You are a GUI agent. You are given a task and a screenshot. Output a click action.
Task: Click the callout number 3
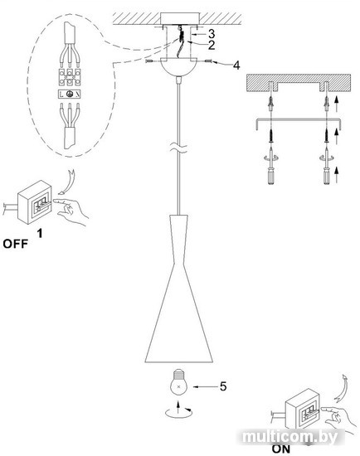click(x=212, y=34)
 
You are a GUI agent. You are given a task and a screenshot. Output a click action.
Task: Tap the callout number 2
click(x=212, y=45)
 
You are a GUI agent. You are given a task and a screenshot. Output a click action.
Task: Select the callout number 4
click(x=236, y=65)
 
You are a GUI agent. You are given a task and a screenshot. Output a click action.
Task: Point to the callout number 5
click(x=223, y=386)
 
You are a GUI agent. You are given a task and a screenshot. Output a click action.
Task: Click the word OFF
click(x=16, y=244)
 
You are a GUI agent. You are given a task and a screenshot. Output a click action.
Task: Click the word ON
click(x=281, y=449)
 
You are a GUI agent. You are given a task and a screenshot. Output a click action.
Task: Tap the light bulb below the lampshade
click(x=178, y=382)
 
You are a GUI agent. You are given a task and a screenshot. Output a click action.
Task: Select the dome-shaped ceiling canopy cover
click(x=179, y=67)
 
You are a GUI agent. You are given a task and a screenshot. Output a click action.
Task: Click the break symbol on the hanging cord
click(x=179, y=148)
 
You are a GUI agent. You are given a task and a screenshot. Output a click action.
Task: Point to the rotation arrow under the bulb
click(x=178, y=413)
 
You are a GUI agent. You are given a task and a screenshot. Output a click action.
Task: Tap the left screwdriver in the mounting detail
click(x=271, y=166)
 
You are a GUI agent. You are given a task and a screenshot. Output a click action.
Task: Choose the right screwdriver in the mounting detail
click(x=327, y=166)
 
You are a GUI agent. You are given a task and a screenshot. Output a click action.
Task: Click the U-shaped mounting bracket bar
click(x=299, y=119)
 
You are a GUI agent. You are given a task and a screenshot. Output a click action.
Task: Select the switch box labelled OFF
click(x=35, y=201)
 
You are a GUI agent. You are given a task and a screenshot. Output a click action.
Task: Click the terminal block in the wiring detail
click(x=70, y=77)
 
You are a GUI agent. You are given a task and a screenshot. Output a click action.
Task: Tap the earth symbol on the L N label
click(x=70, y=94)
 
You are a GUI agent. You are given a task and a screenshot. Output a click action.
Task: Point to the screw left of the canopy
click(x=148, y=61)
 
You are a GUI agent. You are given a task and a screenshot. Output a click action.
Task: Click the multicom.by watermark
click(x=289, y=437)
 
